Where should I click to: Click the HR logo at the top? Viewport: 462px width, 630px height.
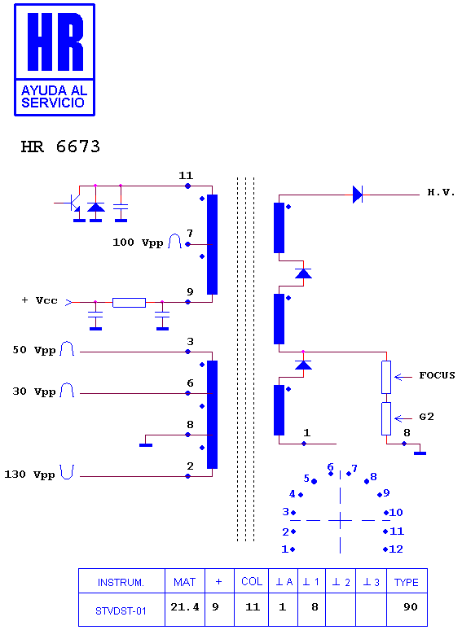pyautogui.click(x=55, y=60)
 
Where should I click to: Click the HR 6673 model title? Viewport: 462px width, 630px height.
pyautogui.click(x=60, y=147)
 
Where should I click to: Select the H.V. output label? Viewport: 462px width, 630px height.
pyautogui.click(x=441, y=192)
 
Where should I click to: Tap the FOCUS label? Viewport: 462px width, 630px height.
pyautogui.click(x=437, y=375)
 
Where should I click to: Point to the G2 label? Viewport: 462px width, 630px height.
pyautogui.click(x=427, y=417)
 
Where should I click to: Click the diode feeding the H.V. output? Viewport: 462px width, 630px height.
pyautogui.click(x=358, y=195)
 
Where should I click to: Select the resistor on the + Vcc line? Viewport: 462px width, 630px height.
pyautogui.click(x=129, y=302)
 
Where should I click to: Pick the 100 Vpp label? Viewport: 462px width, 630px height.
pyautogui.click(x=138, y=243)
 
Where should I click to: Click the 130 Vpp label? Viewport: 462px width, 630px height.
pyautogui.click(x=29, y=475)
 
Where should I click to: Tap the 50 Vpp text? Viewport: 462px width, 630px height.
pyautogui.click(x=34, y=350)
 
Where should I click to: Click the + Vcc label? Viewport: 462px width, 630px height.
pyautogui.click(x=39, y=300)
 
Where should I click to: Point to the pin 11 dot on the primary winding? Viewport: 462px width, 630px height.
pyautogui.click(x=187, y=186)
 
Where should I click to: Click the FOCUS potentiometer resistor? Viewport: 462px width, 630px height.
pyautogui.click(x=386, y=377)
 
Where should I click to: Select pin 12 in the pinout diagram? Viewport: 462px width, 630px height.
pyautogui.click(x=394, y=549)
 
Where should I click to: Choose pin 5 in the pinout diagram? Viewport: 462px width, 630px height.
pyautogui.click(x=310, y=479)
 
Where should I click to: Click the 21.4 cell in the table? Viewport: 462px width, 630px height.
pyautogui.click(x=185, y=606)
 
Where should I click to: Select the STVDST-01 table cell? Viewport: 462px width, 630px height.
pyautogui.click(x=121, y=611)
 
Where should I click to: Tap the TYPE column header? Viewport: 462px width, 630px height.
pyautogui.click(x=406, y=582)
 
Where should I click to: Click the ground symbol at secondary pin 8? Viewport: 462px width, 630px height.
pyautogui.click(x=420, y=453)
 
